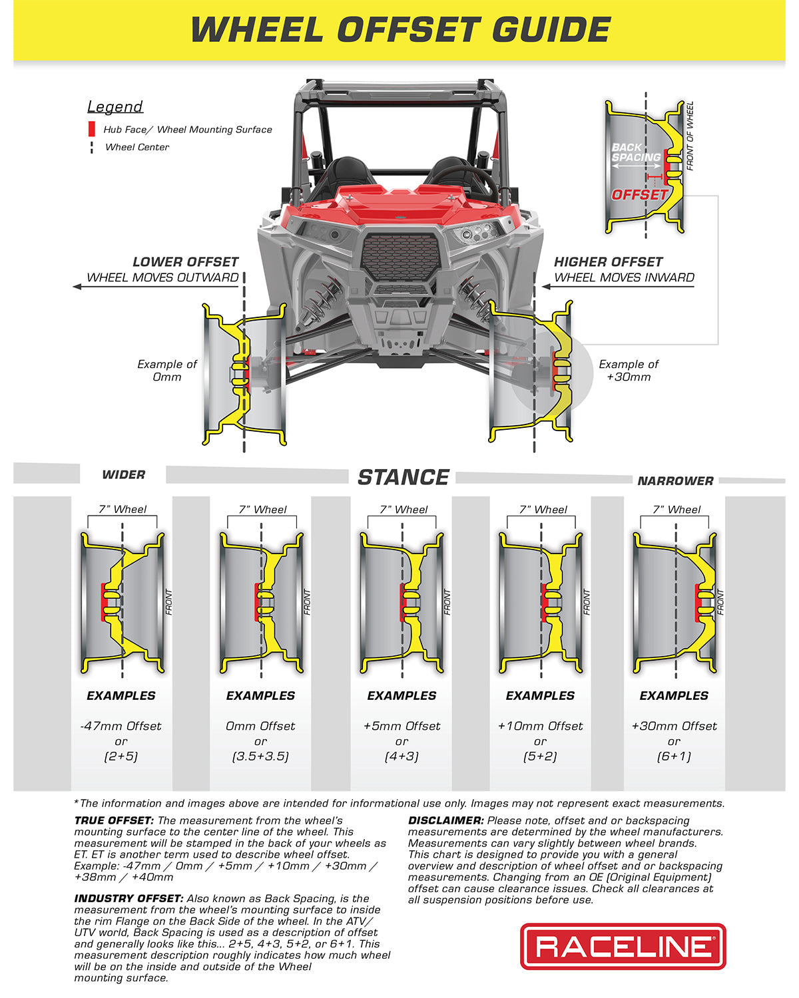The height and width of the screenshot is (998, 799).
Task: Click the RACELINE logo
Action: pyautogui.click(x=623, y=946)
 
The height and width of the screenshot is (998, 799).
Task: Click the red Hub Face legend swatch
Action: pyautogui.click(x=92, y=130)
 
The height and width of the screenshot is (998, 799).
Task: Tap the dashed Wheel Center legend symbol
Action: pyautogui.click(x=92, y=147)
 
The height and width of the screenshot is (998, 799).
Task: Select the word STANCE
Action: pyautogui.click(x=403, y=477)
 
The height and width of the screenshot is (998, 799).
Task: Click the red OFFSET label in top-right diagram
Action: pyautogui.click(x=639, y=195)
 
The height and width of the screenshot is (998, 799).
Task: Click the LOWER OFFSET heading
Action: pyautogui.click(x=185, y=262)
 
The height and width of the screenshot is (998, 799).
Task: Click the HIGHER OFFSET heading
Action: pyautogui.click(x=608, y=262)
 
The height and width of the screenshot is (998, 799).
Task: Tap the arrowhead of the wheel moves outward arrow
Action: pyautogui.click(x=77, y=287)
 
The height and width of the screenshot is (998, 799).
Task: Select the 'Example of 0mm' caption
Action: pyautogui.click(x=167, y=371)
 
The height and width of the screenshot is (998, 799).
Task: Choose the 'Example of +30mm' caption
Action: pyautogui.click(x=629, y=371)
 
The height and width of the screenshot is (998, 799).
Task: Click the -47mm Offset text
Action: pyautogui.click(x=121, y=726)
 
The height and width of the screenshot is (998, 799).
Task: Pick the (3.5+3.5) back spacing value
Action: pyautogui.click(x=260, y=756)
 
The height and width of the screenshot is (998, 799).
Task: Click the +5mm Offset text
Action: pyautogui.click(x=401, y=726)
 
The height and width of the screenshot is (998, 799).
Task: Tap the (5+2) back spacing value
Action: pyautogui.click(x=540, y=756)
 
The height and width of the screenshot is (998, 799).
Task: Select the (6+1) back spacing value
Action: pyautogui.click(x=674, y=756)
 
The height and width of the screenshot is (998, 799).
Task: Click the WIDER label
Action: pyautogui.click(x=123, y=475)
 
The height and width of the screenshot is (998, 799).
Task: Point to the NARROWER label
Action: pyautogui.click(x=675, y=481)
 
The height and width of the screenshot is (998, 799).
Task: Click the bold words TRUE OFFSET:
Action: pyautogui.click(x=114, y=821)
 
